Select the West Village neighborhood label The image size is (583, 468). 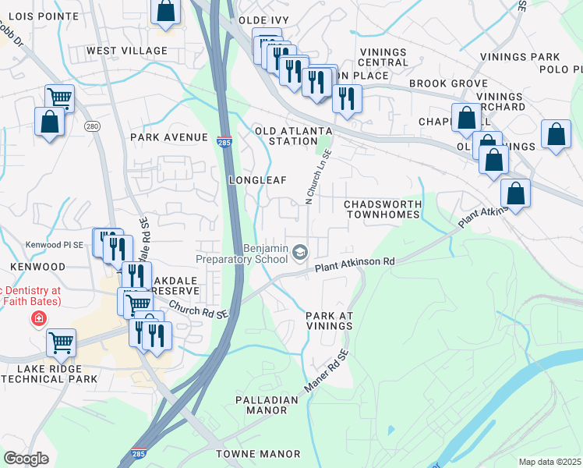coord(127,51)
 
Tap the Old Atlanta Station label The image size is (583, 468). coord(294,136)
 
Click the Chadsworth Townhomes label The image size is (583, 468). coord(383,208)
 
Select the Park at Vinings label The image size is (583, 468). coord(330,321)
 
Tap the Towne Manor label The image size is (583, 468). coord(259,453)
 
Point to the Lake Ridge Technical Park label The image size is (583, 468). coord(49,373)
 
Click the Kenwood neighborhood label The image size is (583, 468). coord(33,267)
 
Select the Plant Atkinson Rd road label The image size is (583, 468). coord(355,265)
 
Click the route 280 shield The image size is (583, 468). coord(92,127)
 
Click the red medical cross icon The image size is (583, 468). coord(37,318)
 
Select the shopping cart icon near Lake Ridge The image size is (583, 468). coord(61,342)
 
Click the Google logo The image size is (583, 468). coord(26,459)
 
